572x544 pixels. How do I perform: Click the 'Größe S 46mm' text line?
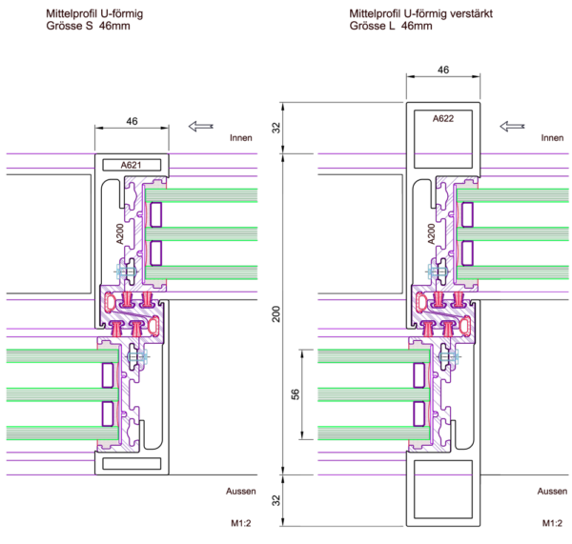coord(89,27)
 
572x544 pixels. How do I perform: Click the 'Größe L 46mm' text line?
coord(391,27)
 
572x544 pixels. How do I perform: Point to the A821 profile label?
coord(131,165)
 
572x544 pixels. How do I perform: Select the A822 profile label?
coord(443,119)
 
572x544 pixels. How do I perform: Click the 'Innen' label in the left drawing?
coord(240,138)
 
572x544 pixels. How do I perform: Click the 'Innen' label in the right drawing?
coord(553,138)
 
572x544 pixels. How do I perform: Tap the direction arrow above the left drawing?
coord(200,126)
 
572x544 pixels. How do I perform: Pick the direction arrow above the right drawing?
coord(512,126)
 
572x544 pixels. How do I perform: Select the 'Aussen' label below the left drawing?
coord(241,492)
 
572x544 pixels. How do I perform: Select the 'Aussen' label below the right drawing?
coord(552,492)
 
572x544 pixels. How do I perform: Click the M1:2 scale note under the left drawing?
coord(240,523)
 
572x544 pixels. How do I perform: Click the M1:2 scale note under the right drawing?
coord(552,523)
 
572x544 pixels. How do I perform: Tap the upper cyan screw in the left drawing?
coord(127,272)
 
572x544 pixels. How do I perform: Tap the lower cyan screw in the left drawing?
coord(137,356)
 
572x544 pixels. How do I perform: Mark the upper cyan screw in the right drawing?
coord(439,272)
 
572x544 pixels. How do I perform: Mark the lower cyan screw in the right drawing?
coord(449,356)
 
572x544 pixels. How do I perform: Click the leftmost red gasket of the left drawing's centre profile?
coord(110,302)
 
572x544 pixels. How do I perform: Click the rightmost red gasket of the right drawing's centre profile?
coord(464,327)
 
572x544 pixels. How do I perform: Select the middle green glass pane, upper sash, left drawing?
coord(201,233)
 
